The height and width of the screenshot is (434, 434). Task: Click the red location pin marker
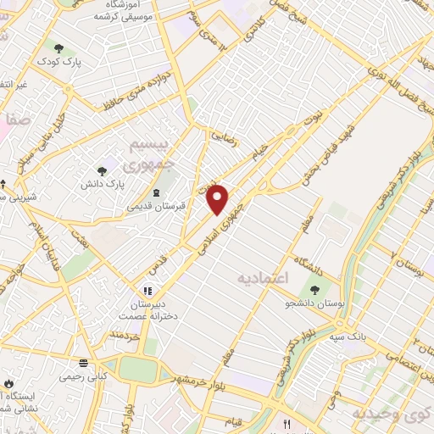tap(218, 198)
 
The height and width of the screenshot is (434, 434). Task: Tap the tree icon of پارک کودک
tap(58, 48)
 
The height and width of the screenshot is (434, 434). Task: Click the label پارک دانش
tap(103, 184)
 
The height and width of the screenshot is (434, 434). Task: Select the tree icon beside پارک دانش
tap(103, 171)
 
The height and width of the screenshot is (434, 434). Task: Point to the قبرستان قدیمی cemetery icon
tap(155, 193)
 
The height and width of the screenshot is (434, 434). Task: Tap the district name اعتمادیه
tap(264, 278)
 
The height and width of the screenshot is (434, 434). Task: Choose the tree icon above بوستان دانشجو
tap(303, 292)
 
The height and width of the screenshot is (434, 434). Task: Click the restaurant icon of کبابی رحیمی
tap(82, 360)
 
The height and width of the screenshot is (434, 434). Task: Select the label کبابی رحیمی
tap(82, 374)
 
